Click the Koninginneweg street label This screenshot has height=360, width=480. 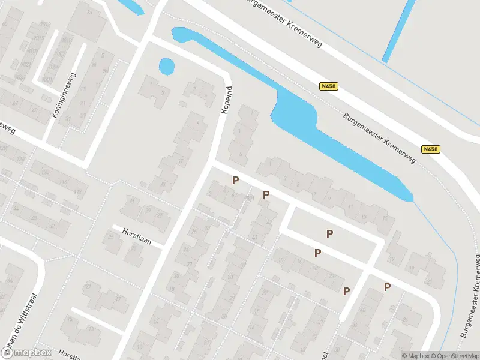tap(62, 95)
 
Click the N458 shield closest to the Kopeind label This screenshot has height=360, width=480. tap(329, 86)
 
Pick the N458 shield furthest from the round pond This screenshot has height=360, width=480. tap(430, 149)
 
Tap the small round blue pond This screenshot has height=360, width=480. tap(166, 66)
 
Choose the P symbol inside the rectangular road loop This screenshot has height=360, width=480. tap(329, 233)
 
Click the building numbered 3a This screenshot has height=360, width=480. tap(89, 12)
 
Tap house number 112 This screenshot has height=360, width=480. tap(77, 191)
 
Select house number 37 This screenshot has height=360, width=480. tap(179, 161)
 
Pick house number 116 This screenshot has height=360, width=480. tap(63, 181)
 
